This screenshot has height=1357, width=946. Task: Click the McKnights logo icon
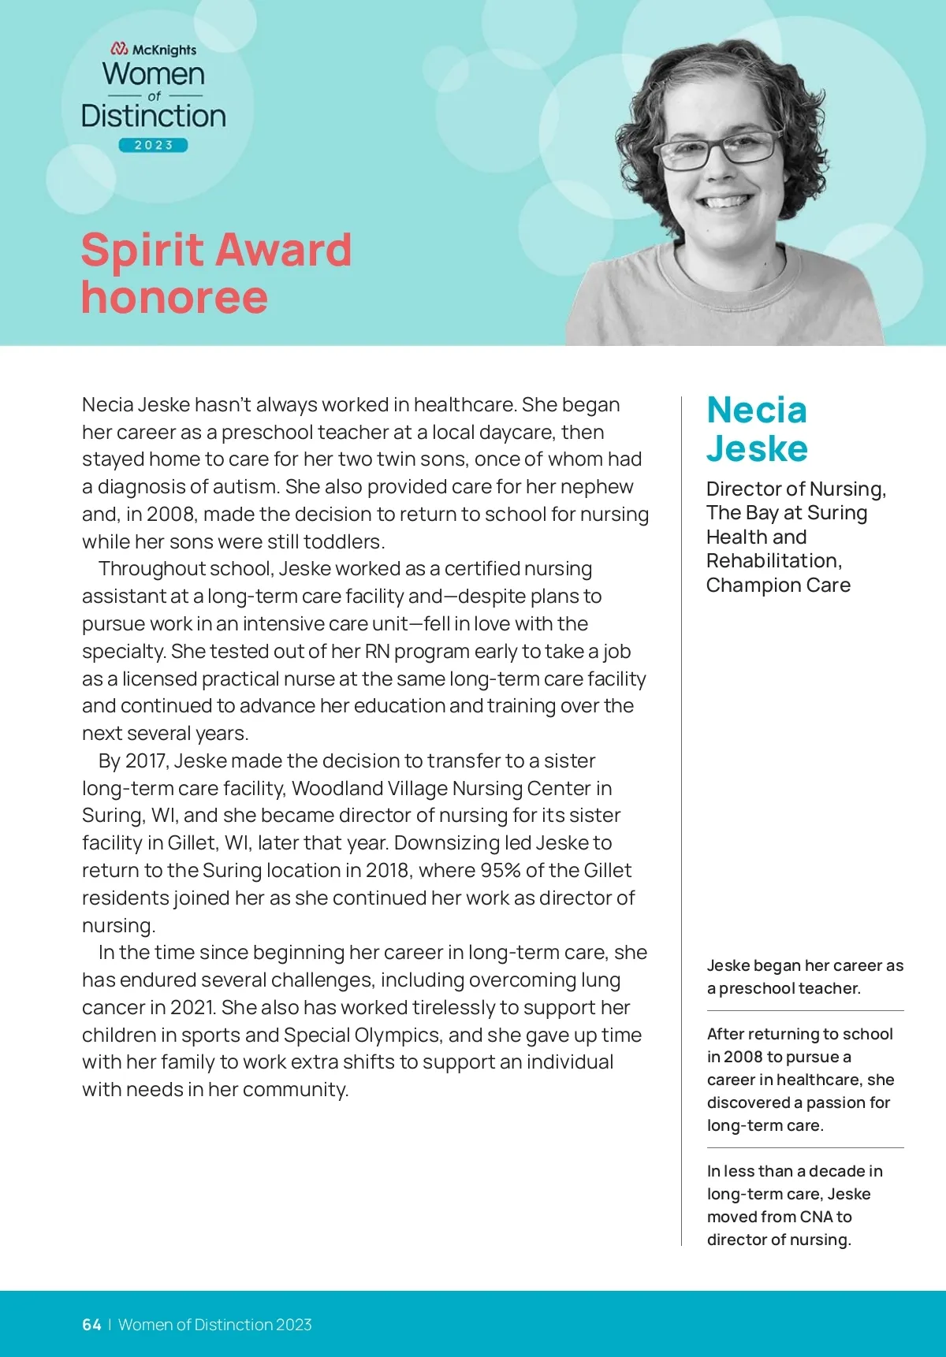[x=119, y=50]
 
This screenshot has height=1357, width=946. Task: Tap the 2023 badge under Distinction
[x=154, y=145]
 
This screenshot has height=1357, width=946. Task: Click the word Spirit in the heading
[x=143, y=251]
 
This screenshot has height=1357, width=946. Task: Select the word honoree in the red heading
[x=174, y=297]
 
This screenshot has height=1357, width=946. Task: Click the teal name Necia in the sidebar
[x=757, y=410]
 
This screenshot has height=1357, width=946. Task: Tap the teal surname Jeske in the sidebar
[x=757, y=448]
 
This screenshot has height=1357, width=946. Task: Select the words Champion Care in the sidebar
[x=778, y=586]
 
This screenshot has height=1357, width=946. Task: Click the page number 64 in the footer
[x=91, y=1325]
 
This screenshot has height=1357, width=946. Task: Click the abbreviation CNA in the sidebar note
[x=816, y=1217]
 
